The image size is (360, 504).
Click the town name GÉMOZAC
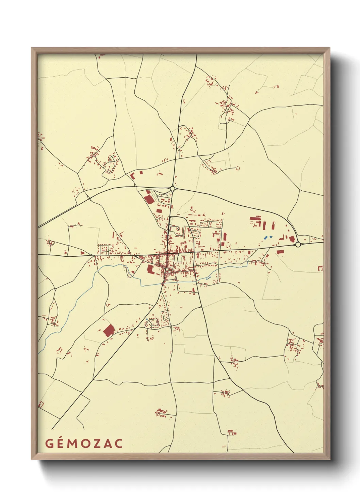84,443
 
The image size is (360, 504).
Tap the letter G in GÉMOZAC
49,444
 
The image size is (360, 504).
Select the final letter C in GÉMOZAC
119,444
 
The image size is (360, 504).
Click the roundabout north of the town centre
173,188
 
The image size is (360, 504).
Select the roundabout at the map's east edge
298,244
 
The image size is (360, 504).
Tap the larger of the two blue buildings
266,237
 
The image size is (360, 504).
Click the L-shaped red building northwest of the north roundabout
133,176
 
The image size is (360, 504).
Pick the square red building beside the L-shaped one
141,173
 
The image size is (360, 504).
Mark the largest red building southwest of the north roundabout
148,199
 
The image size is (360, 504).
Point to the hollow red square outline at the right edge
320,269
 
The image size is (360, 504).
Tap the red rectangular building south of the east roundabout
280,252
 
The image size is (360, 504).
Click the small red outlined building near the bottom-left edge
41,405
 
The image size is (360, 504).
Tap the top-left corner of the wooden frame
32,48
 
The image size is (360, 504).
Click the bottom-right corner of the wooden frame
330,459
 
